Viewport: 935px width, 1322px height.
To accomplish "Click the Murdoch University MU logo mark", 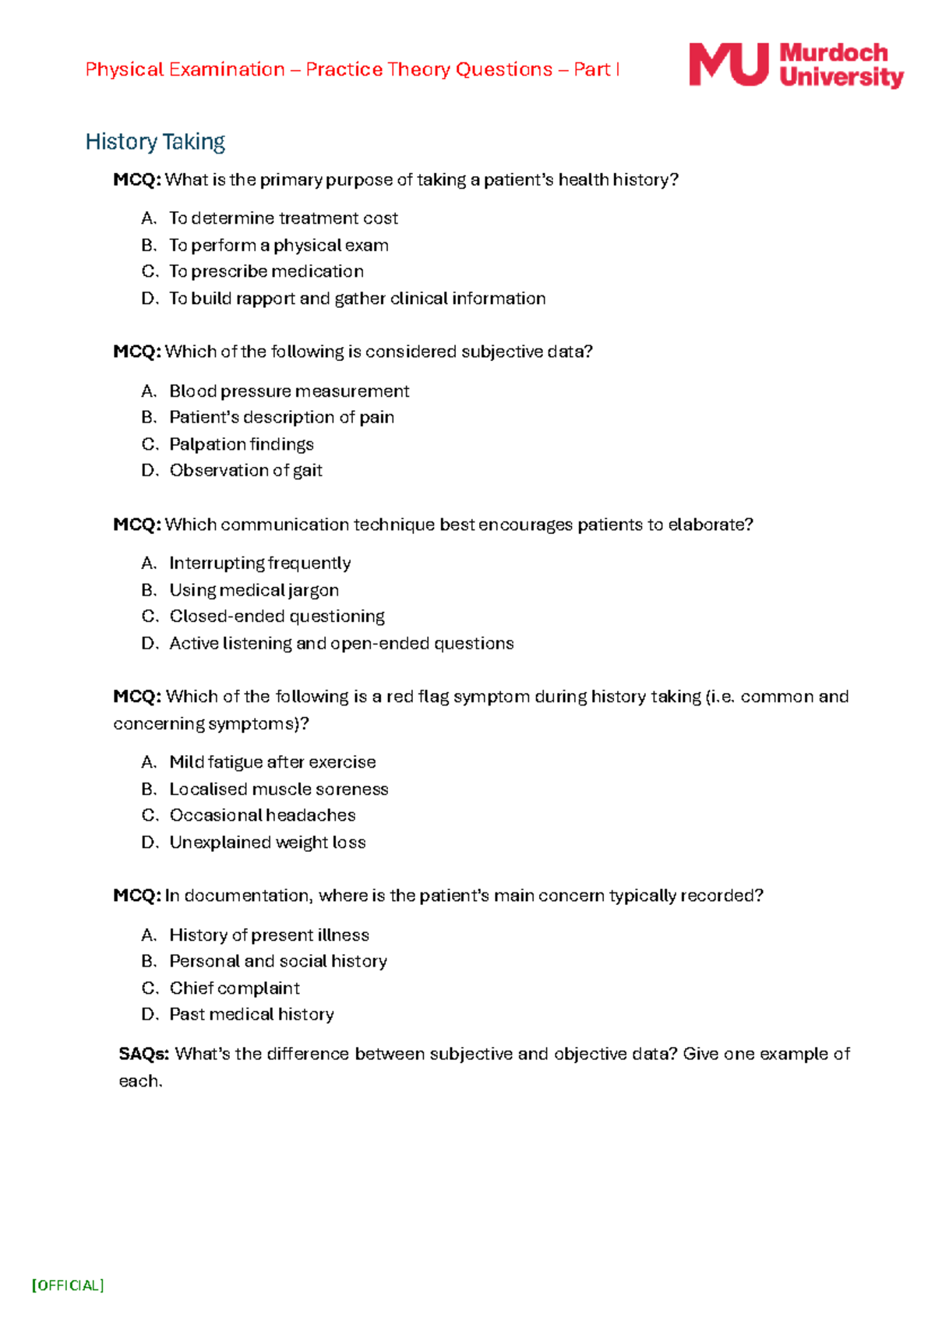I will (x=728, y=65).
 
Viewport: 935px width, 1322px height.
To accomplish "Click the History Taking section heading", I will (x=155, y=142).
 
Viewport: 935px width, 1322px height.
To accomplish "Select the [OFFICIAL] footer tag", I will (x=68, y=1285).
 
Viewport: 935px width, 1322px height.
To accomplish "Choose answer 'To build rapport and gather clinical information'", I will (x=357, y=299).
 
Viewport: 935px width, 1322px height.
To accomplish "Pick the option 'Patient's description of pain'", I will (x=281, y=417).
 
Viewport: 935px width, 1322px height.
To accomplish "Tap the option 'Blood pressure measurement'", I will (x=289, y=391).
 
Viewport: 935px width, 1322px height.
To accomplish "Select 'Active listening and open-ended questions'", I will (x=341, y=643).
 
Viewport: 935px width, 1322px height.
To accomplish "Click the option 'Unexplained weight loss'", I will (x=267, y=842).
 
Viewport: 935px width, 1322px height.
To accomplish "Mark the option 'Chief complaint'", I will (x=235, y=988).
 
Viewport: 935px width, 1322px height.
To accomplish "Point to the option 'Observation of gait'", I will (x=245, y=470).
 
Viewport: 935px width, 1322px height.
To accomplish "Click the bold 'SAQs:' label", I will (x=144, y=1054).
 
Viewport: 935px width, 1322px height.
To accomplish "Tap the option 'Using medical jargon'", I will (x=254, y=590).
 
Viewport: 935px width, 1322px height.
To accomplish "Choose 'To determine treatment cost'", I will (x=283, y=218).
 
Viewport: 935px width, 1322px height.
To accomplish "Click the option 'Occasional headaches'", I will (x=263, y=815).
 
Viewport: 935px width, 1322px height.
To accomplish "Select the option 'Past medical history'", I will (x=252, y=1014).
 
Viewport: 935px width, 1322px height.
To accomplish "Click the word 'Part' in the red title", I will (x=592, y=69).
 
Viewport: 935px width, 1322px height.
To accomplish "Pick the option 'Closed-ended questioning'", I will (x=277, y=617).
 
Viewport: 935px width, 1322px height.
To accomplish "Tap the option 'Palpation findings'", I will (x=242, y=444).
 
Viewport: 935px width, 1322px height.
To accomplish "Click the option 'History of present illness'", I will (x=269, y=935).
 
